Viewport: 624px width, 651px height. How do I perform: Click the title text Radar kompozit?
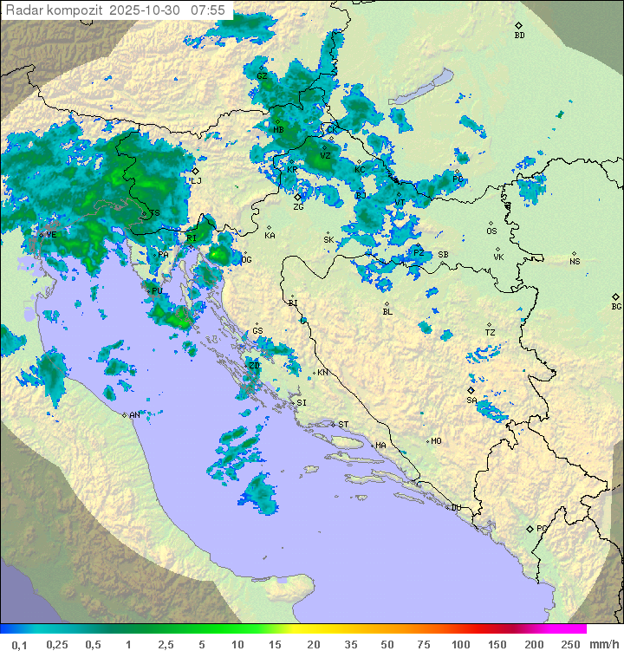(x=55, y=10)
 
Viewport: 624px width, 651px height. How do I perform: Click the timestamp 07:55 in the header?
(x=208, y=10)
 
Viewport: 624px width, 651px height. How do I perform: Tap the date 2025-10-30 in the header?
(x=146, y=10)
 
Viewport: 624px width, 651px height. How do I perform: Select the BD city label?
(x=519, y=36)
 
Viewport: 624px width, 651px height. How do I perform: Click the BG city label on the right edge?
(x=616, y=306)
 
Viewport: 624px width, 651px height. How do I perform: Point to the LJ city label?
(x=196, y=180)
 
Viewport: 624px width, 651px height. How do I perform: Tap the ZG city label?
(x=298, y=207)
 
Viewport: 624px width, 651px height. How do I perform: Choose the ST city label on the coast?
(x=343, y=425)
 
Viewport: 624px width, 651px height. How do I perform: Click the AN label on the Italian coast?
(x=134, y=415)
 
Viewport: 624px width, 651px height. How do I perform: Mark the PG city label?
(x=542, y=528)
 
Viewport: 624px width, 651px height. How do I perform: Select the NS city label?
(x=575, y=262)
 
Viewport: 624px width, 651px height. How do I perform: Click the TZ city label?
(x=491, y=333)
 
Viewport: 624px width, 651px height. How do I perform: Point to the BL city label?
(x=387, y=312)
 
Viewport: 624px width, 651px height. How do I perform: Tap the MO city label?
(x=436, y=441)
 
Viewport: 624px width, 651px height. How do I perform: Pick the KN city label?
(x=322, y=373)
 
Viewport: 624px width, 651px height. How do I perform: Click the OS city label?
(x=491, y=231)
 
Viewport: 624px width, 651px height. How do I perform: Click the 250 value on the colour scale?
(x=570, y=644)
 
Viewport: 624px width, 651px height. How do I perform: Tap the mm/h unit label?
(x=603, y=644)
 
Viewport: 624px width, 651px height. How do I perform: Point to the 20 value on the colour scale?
(x=313, y=644)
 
